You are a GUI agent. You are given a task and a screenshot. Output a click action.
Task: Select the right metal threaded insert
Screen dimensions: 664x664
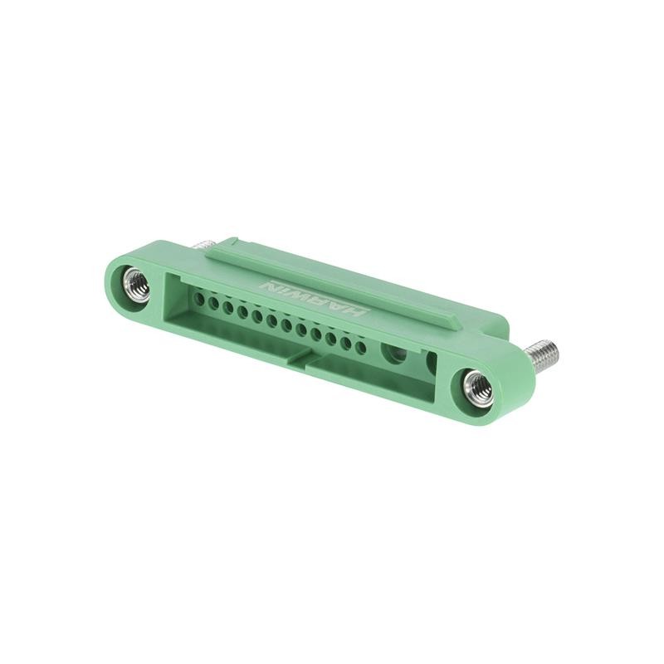point(479,388)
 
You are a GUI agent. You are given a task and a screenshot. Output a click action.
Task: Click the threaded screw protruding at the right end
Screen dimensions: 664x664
point(544,355)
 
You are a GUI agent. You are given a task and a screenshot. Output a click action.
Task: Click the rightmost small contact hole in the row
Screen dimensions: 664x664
point(360,347)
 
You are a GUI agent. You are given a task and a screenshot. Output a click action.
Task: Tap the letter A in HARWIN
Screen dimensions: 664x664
point(341,307)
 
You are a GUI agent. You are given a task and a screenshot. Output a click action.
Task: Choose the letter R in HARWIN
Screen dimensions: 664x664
point(325,302)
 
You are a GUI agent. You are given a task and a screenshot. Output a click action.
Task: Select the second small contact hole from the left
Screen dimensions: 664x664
point(213,302)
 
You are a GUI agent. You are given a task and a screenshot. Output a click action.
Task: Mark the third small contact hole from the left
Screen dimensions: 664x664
point(227,306)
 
